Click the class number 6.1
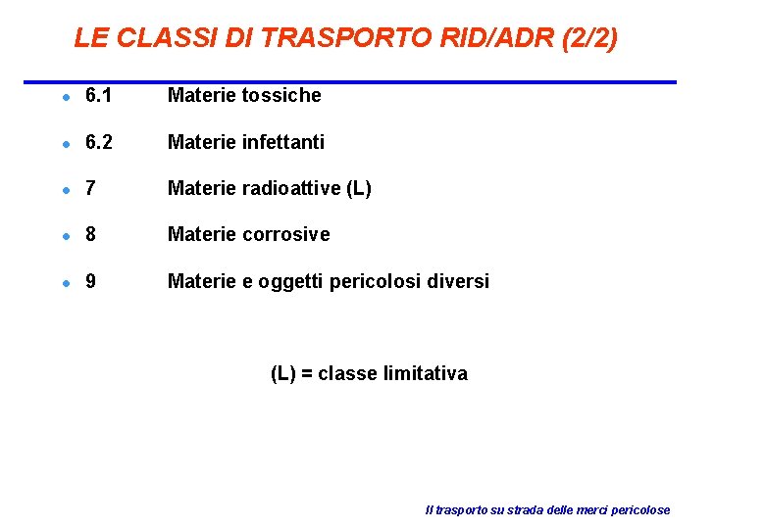point(99,95)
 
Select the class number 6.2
point(99,142)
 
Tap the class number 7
point(91,188)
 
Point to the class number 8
point(91,235)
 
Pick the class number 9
point(91,282)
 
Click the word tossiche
point(280,95)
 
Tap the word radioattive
point(292,188)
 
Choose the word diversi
point(457,282)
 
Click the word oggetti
point(290,282)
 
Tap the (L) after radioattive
point(359,188)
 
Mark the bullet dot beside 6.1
point(64,97)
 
